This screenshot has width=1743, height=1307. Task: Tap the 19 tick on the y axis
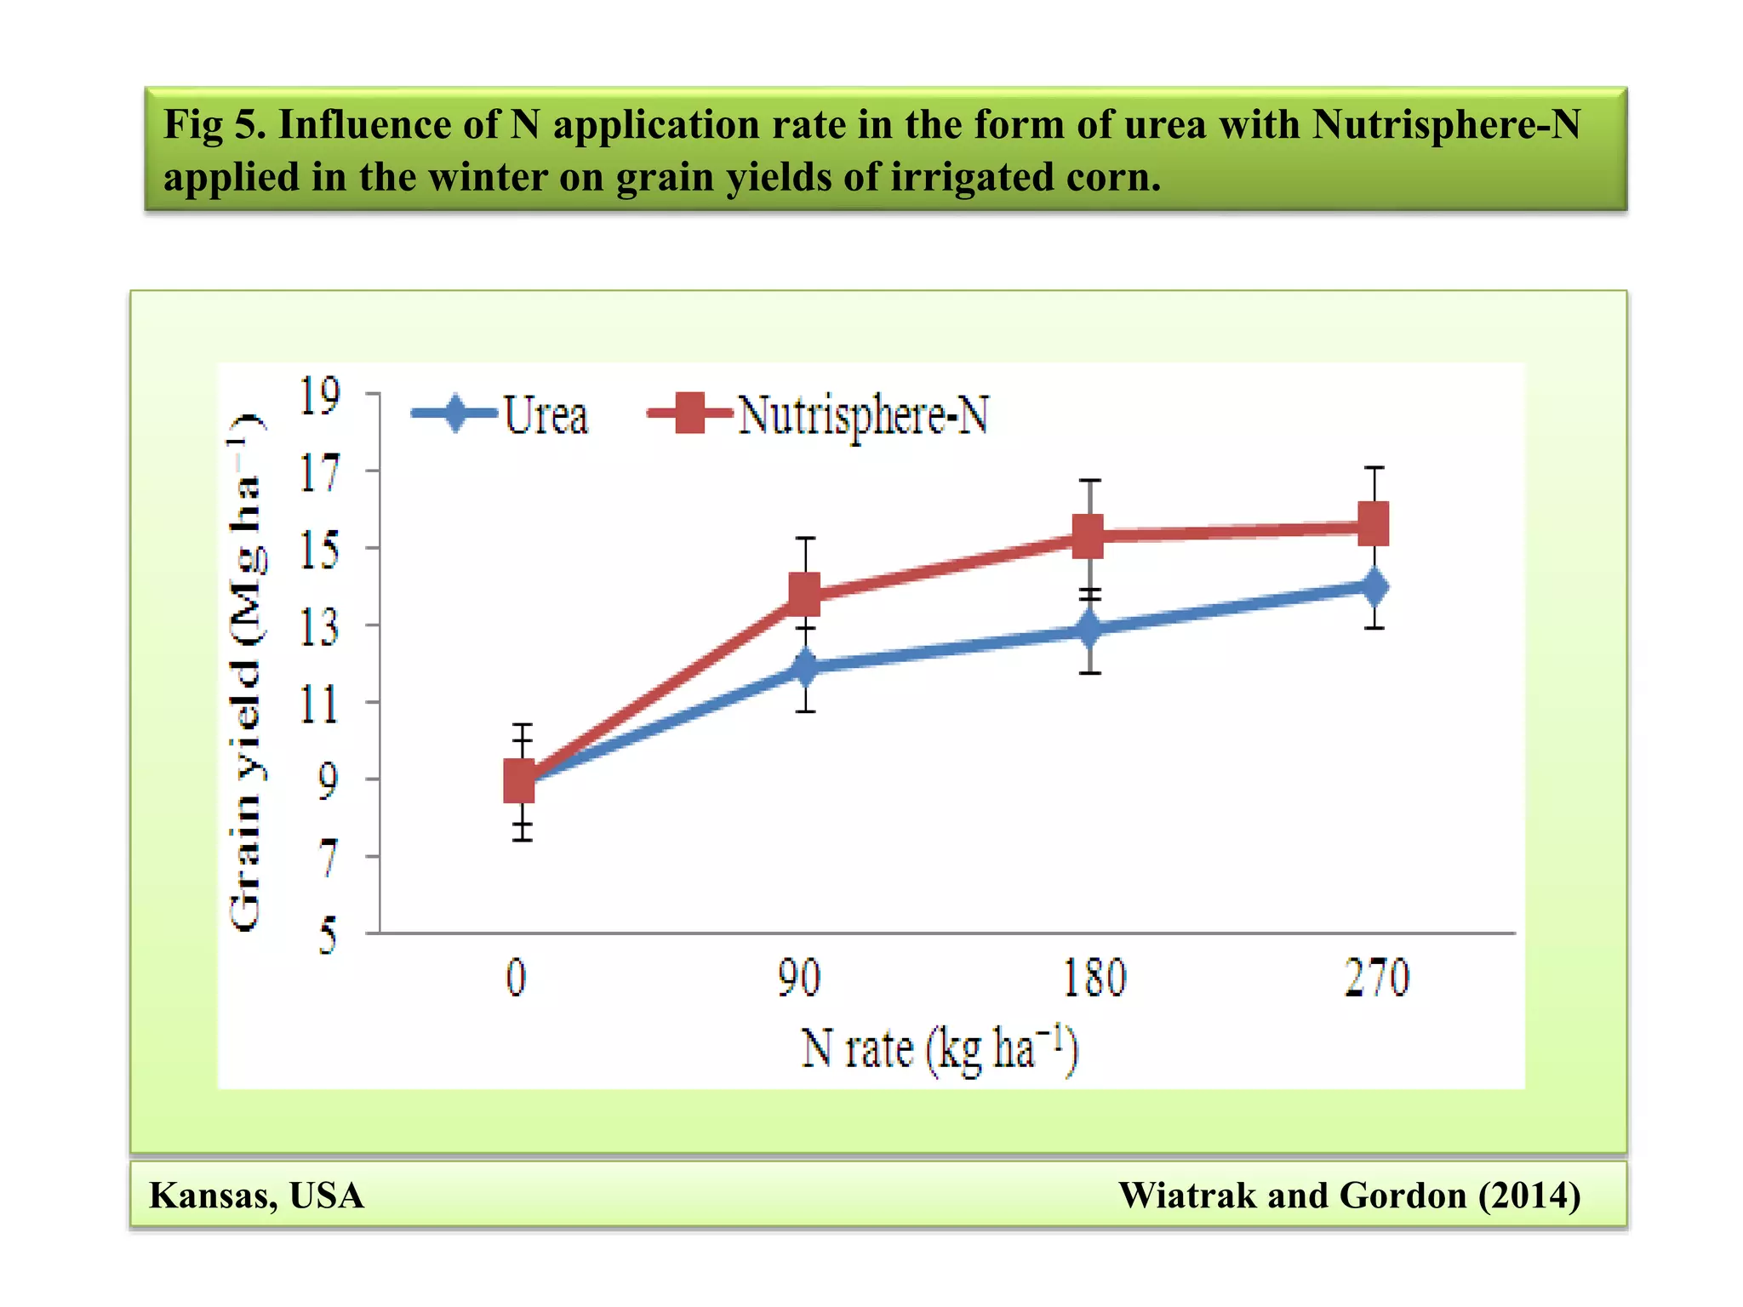tap(319, 396)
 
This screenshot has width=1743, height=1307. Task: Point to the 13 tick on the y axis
tap(319, 627)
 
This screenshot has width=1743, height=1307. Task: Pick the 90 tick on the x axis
tap(798, 978)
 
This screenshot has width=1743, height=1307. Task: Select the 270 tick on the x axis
tap(1376, 978)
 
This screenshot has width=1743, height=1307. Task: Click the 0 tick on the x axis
tap(517, 978)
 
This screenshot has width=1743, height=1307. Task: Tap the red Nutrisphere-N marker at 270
tap(1374, 523)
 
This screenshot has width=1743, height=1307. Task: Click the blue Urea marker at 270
tap(1374, 586)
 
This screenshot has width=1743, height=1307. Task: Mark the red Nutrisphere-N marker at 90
tap(805, 593)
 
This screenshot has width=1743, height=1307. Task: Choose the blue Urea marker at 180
tap(1089, 630)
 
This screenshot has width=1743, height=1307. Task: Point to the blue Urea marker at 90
tap(805, 666)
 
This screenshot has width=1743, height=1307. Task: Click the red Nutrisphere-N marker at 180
tap(1089, 536)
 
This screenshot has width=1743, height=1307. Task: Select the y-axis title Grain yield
tap(247, 672)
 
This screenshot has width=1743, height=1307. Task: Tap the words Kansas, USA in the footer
tap(256, 1196)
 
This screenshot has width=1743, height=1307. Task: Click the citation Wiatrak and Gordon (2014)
tap(1349, 1196)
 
